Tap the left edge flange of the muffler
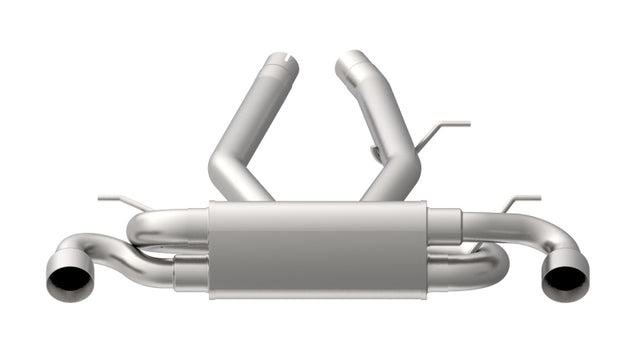click(211, 250)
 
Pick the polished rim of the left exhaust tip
click(50, 276)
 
